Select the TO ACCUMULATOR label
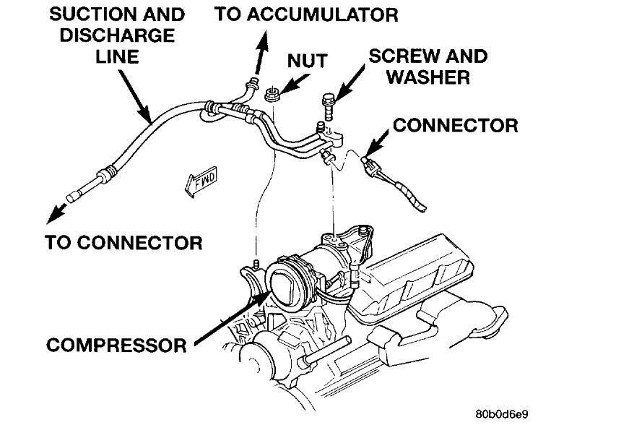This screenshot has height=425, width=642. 306,14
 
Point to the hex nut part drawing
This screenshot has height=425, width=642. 272,93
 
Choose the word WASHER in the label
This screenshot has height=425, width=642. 428,77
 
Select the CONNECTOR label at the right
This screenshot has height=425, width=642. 455,125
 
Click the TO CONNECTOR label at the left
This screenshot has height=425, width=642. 123,241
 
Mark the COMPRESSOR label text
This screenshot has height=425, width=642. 116,344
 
